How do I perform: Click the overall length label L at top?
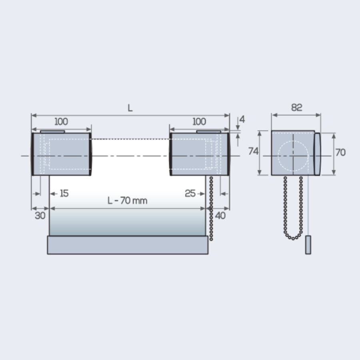pos(130,108)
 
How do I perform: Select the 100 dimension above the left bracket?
pos(61,122)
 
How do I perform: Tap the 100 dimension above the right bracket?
pos(199,122)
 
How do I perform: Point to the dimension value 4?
pos(242,120)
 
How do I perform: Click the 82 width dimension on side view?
pos(296,107)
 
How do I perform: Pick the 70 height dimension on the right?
pos(340,152)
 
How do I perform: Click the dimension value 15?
pos(64,194)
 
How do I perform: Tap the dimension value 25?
pos(190,194)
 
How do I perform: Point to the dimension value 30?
pos(40,216)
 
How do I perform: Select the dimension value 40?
pos(220,216)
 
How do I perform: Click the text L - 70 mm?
pos(128,201)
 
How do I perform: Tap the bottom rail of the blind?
pos(128,245)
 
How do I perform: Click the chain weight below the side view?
pos(308,245)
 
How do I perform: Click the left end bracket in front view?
pos(61,154)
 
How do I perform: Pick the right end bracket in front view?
pos(199,154)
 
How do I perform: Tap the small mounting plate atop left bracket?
pos(52,131)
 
